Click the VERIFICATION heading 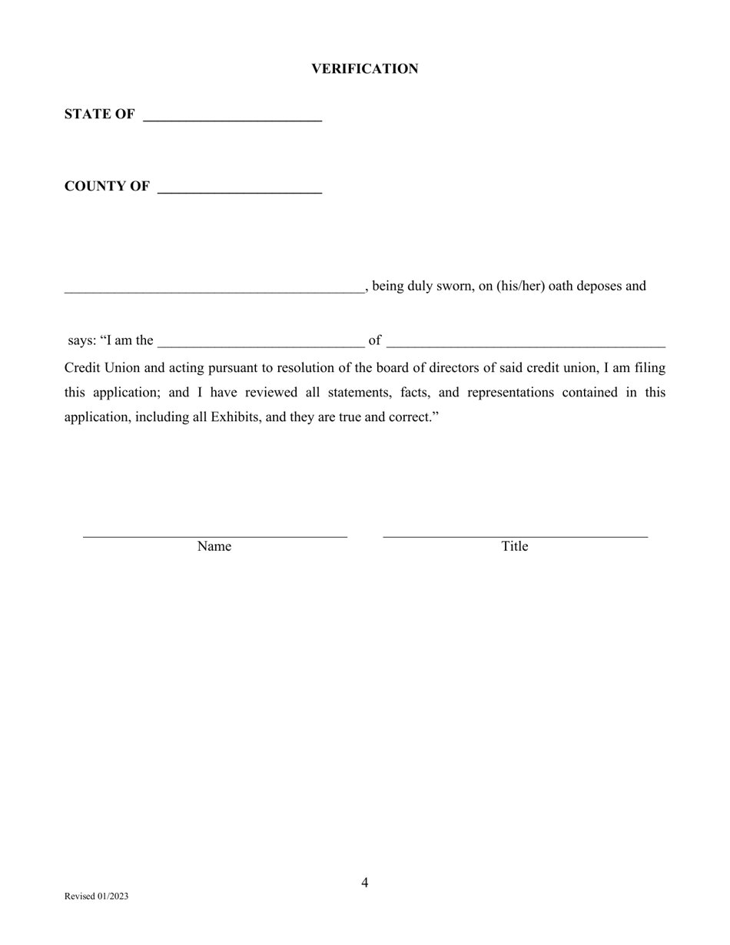[x=364, y=69]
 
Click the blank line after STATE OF [x=232, y=119]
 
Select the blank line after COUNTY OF [x=239, y=191]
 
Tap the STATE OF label [x=100, y=114]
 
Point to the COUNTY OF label [x=107, y=187]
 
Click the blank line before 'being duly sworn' [x=214, y=290]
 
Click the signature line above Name [x=214, y=535]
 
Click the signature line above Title [x=515, y=535]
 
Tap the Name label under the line [x=214, y=546]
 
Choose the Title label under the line [x=515, y=546]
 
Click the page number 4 [x=365, y=883]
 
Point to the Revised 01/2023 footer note [x=97, y=897]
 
